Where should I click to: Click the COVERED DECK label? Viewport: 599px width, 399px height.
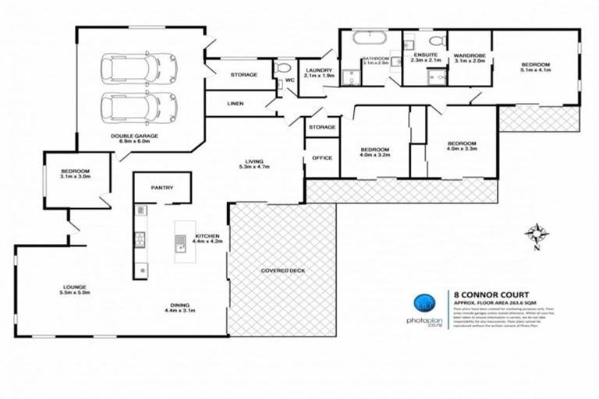[282, 270]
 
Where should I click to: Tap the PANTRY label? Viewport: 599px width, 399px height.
[162, 188]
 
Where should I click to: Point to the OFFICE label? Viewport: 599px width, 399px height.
[322, 158]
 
